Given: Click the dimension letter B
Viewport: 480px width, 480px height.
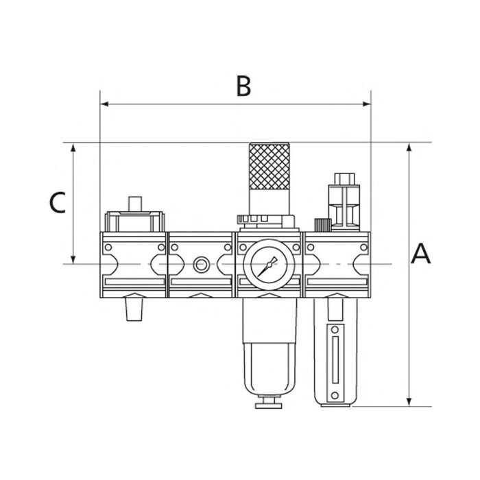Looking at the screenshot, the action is [243, 86].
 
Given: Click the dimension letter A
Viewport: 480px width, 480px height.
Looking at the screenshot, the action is [420, 254].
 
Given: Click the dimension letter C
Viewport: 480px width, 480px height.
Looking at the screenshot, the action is [57, 202].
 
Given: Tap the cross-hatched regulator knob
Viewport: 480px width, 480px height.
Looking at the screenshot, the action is [269, 166].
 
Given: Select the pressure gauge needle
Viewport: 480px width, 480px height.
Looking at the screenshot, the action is [267, 267].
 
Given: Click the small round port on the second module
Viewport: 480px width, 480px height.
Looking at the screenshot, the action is [201, 265].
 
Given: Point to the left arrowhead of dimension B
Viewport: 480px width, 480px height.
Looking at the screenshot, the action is [104, 104].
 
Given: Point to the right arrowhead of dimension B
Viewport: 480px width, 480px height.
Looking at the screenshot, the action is [366, 104].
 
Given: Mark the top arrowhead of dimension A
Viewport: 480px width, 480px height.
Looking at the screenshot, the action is [409, 147].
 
